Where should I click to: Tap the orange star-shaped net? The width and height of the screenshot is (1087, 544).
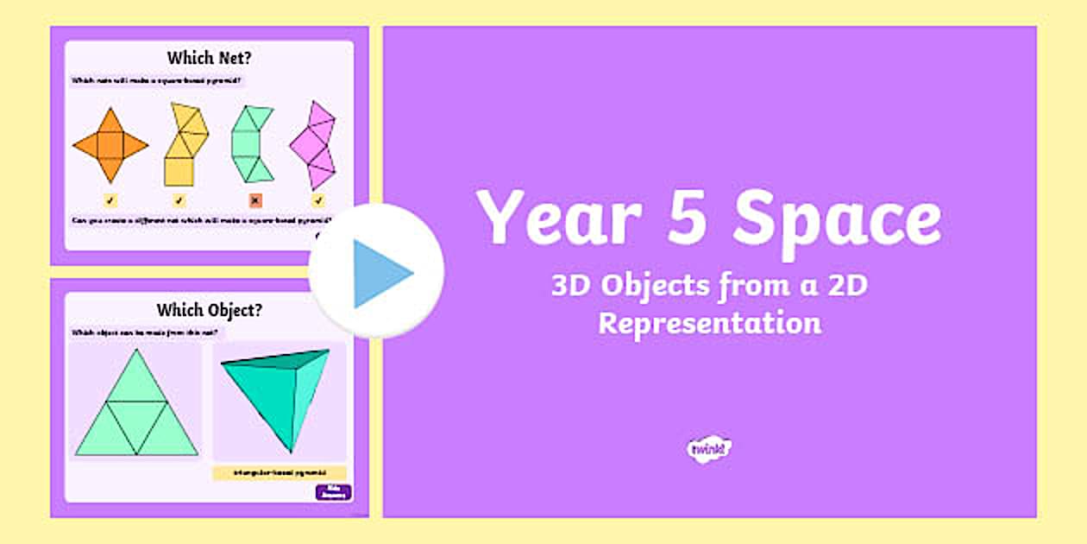(x=110, y=145)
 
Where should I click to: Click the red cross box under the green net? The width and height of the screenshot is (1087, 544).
(x=255, y=201)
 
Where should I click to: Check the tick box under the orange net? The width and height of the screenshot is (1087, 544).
(x=110, y=201)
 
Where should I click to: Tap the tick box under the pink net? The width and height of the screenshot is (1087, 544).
(x=318, y=201)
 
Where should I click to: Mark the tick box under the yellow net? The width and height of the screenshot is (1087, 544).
(x=179, y=201)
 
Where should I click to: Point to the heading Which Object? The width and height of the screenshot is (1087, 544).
(x=209, y=309)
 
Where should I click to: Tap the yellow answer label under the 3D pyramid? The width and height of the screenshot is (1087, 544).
(x=279, y=473)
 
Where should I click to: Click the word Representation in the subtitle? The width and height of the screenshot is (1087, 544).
(x=709, y=324)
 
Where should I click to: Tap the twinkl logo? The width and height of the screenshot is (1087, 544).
(x=709, y=448)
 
